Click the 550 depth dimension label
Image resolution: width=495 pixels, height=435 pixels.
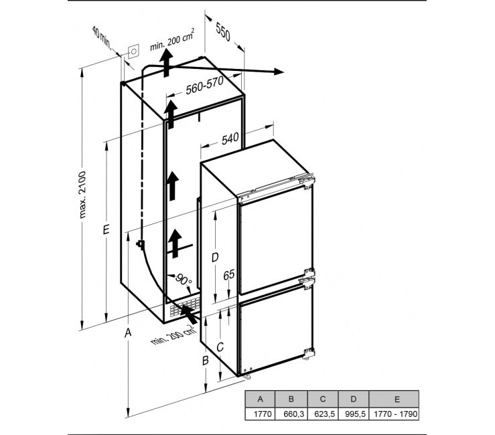point(223,32)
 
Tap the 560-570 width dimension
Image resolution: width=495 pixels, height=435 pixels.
point(204,85)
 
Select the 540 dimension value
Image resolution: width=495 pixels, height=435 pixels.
point(230,139)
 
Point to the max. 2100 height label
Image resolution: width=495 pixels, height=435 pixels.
point(82,195)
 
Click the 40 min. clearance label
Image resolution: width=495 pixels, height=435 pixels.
point(102,38)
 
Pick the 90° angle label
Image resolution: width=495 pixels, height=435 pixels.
point(184,279)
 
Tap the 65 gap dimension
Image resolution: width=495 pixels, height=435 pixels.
point(229,275)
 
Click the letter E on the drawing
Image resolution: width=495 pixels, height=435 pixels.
point(106,229)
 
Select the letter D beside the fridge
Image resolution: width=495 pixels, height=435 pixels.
point(215,258)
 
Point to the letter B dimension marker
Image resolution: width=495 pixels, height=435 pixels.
point(206,360)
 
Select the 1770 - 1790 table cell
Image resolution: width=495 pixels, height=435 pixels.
point(396,414)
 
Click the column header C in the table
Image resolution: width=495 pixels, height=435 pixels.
point(323,399)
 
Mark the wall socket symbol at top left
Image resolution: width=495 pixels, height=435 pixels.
point(133,51)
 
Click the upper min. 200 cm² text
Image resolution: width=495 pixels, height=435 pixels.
point(172,40)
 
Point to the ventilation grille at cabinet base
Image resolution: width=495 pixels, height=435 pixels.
point(184,307)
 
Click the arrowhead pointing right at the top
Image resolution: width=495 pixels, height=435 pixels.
point(279,72)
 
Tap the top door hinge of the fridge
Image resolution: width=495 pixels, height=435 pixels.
point(307,181)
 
